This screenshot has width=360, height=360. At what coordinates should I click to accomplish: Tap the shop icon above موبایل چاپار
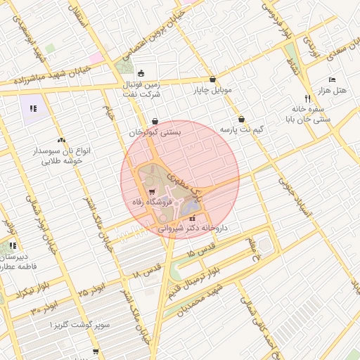[x=212, y=79]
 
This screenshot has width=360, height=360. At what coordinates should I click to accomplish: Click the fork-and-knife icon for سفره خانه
[x=307, y=98]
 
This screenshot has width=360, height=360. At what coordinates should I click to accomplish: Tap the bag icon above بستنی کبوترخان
[x=155, y=120]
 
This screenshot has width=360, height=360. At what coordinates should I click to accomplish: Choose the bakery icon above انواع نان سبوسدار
[x=61, y=140]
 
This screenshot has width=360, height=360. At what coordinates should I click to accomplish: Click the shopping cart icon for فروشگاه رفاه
[x=152, y=191]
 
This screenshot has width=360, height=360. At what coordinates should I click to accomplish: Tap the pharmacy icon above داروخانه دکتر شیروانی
[x=193, y=217]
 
